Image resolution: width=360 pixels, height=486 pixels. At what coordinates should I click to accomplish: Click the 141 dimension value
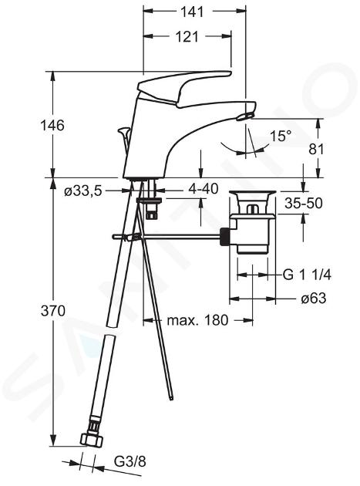[192, 12]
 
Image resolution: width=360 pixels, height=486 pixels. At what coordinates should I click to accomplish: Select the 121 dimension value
[187, 37]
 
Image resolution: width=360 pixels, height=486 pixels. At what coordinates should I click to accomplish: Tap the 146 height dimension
[52, 125]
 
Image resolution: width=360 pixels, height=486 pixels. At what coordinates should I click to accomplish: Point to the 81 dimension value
[316, 149]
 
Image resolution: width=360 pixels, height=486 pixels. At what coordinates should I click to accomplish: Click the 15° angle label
[281, 136]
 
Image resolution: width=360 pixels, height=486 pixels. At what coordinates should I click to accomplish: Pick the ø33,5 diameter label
[83, 191]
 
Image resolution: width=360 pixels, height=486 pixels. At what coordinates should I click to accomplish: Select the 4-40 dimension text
[203, 188]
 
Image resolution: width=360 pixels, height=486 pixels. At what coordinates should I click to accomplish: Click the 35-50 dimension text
[304, 204]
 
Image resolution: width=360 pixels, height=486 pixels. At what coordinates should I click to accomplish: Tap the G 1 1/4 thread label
[307, 275]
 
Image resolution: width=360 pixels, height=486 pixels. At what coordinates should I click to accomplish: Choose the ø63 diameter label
[314, 299]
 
